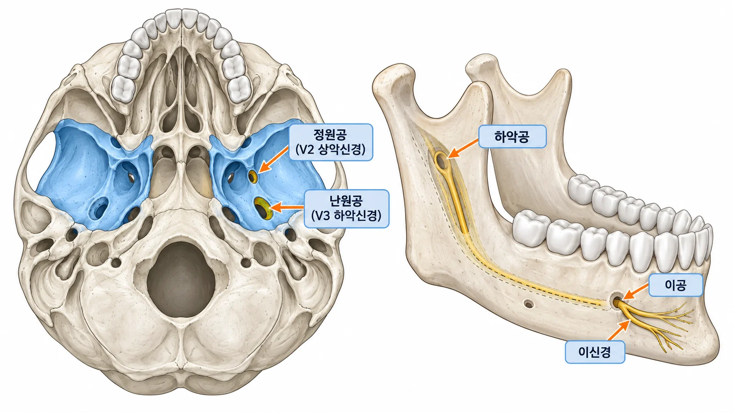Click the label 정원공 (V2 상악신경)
point(331,142)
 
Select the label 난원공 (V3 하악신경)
point(347,208)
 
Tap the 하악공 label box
point(512,136)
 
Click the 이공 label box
point(676,285)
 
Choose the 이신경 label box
point(595,352)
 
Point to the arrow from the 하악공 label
point(463,149)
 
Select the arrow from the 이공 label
point(636,292)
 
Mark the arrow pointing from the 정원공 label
point(273,160)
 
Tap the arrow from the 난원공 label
point(287,207)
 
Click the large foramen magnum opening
point(181,279)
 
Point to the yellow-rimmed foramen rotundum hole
point(253,177)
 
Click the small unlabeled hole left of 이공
point(528,304)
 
